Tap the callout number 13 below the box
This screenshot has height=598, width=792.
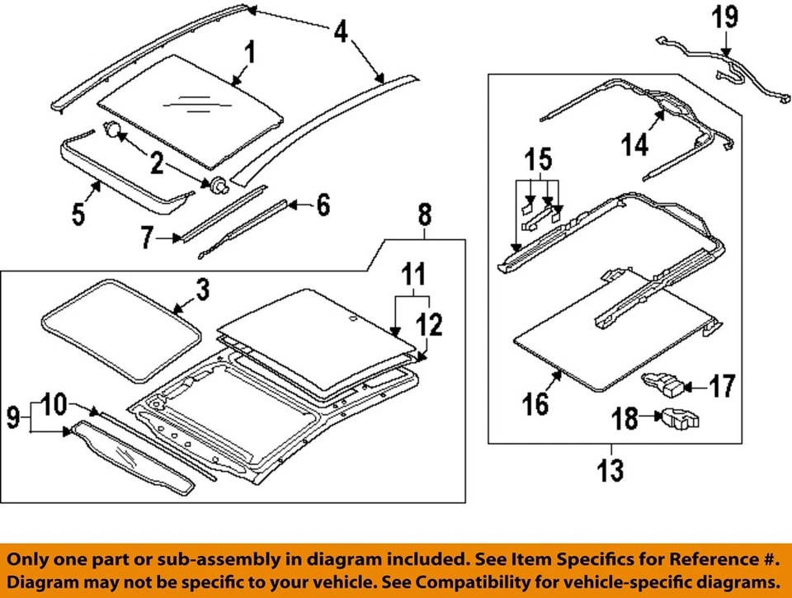click(x=610, y=470)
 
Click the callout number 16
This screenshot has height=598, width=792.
click(x=536, y=403)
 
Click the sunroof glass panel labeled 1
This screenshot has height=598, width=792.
click(x=190, y=107)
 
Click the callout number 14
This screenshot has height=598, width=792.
click(x=636, y=144)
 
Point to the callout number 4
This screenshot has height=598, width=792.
click(x=340, y=32)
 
